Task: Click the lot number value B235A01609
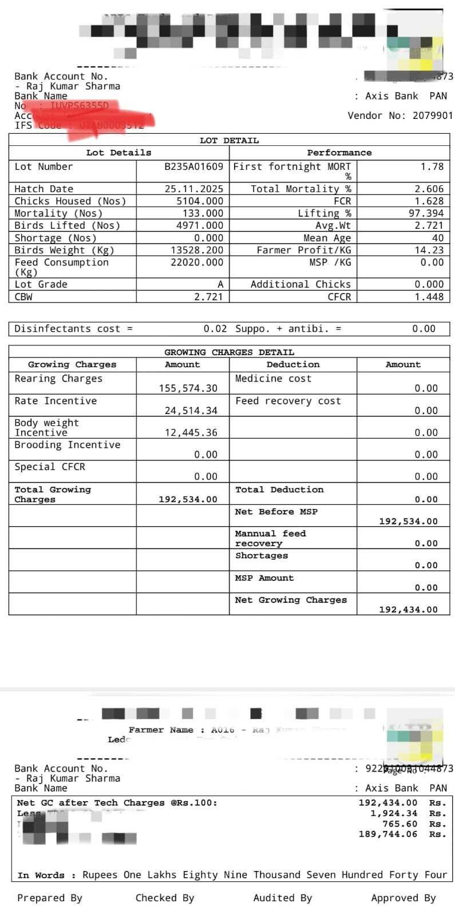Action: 193,167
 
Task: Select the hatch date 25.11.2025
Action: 194,189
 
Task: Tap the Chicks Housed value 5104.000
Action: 200,201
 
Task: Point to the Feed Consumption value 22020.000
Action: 197,262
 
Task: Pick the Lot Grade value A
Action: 220,285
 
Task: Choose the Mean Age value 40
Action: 437,238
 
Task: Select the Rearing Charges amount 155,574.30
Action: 188,388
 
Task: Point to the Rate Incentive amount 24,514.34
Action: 191,411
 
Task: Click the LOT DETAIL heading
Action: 229,141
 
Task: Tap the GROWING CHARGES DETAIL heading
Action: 229,352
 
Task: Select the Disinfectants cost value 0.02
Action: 215,329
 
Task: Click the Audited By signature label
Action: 282,898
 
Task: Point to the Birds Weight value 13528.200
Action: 197,250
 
